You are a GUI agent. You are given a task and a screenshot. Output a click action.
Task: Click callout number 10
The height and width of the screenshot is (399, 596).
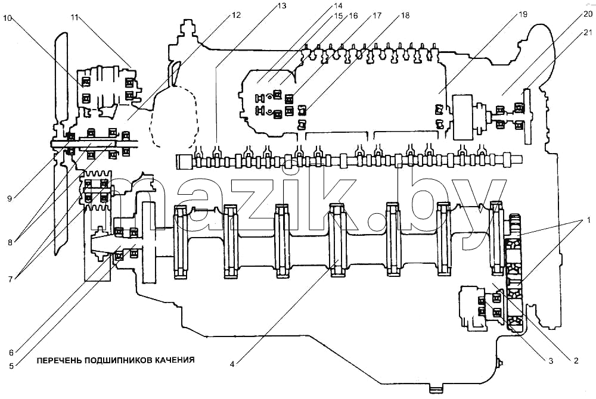(x=8, y=18)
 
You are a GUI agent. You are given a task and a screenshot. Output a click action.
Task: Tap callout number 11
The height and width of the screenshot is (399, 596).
(x=74, y=17)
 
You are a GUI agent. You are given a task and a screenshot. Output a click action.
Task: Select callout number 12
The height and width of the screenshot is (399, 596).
(x=236, y=15)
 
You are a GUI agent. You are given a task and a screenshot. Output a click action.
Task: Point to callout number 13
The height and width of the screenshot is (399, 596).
(x=282, y=6)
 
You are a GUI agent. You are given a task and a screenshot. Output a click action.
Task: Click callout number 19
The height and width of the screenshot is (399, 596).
(x=523, y=14)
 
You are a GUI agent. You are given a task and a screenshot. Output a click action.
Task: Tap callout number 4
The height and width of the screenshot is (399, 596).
(x=232, y=364)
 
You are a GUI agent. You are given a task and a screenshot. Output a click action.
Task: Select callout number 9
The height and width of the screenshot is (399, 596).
(x=10, y=198)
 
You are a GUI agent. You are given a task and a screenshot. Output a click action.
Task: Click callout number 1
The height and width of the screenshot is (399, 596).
(x=588, y=220)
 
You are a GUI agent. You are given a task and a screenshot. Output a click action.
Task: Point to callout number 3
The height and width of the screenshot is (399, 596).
(x=551, y=361)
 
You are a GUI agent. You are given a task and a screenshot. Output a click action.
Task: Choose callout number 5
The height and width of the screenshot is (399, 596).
(x=11, y=366)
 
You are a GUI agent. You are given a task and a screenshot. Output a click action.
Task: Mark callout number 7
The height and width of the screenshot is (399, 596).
(x=10, y=279)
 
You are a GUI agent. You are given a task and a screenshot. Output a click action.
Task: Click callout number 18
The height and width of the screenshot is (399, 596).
(x=405, y=15)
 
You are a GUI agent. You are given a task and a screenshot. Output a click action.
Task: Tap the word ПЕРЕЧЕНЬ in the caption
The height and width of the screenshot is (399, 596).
(x=59, y=360)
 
